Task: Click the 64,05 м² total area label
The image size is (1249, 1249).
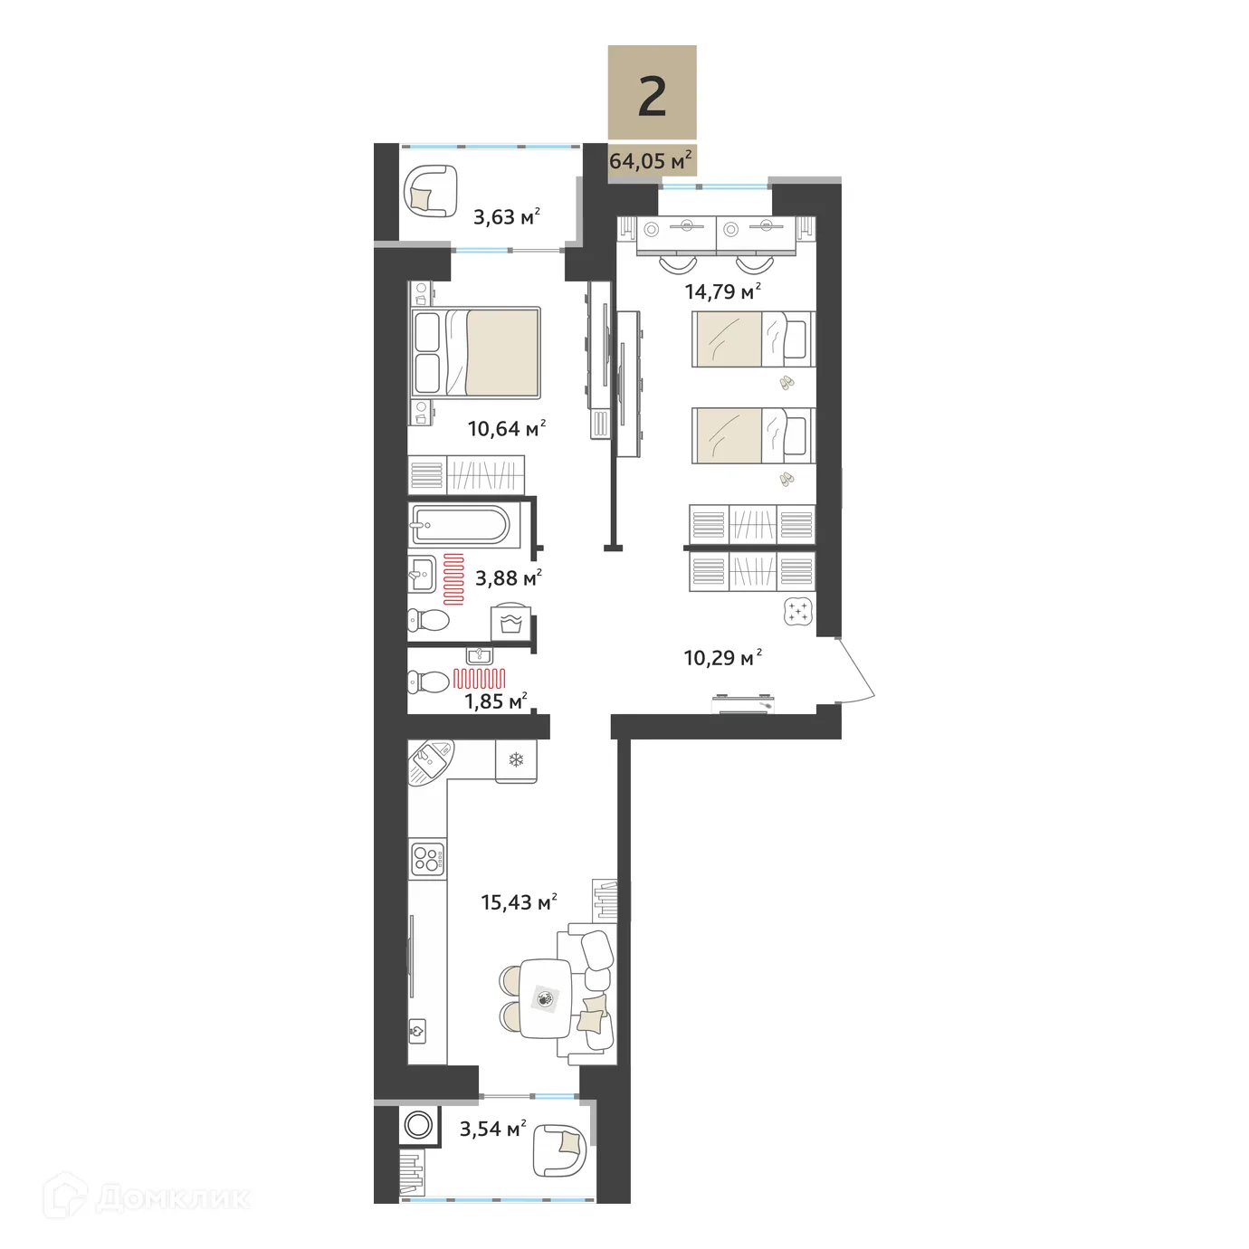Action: [651, 161]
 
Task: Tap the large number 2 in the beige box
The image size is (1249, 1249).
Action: [652, 97]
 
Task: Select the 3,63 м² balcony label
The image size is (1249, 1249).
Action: [507, 216]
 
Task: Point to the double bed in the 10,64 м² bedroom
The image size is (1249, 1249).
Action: [476, 352]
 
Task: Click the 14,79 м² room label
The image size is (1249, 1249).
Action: [722, 291]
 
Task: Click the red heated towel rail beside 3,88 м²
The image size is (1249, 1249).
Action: [453, 578]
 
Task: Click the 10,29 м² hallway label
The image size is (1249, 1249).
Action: [722, 657]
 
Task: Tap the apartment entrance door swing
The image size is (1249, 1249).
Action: [857, 671]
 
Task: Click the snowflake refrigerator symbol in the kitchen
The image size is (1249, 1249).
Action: [516, 760]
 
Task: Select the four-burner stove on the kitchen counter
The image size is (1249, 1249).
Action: [427, 858]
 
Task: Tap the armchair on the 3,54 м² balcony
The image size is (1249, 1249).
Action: [560, 1149]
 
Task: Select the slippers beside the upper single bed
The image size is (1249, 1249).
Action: [786, 383]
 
